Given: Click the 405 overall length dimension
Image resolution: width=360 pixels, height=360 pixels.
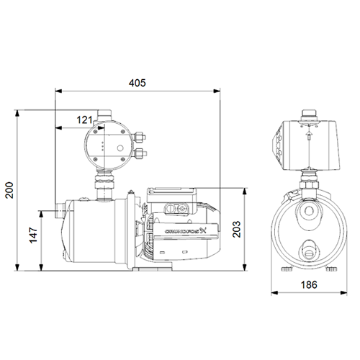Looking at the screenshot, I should (x=138, y=84).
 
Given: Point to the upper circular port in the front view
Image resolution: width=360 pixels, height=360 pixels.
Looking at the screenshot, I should (x=307, y=212).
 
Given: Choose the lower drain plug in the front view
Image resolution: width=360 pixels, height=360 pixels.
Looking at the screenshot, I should (x=307, y=250).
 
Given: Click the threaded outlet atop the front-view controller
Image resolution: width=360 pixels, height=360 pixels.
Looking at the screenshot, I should (x=307, y=111).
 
